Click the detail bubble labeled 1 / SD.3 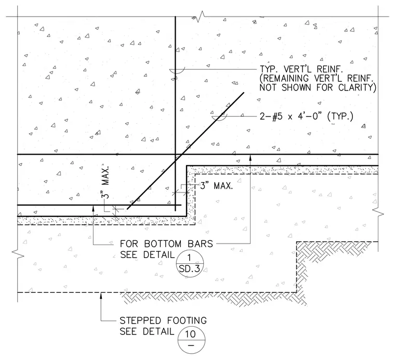click(x=189, y=264)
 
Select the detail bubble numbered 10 click(x=191, y=340)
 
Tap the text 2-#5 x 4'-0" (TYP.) click(x=307, y=117)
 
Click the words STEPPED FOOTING click(x=163, y=320)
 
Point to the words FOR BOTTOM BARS click(x=166, y=244)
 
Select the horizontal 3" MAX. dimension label click(x=216, y=186)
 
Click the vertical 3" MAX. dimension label click(x=107, y=182)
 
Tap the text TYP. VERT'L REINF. click(x=301, y=69)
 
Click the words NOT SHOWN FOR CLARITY click(x=318, y=87)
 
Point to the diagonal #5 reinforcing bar click(x=186, y=151)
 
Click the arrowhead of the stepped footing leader click(x=101, y=295)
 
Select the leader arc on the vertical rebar click(x=177, y=71)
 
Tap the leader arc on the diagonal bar click(x=219, y=118)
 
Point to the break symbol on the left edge click(x=18, y=254)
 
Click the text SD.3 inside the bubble click(x=189, y=269)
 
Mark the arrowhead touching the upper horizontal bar click(x=250, y=158)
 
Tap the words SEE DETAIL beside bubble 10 click(x=147, y=331)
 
